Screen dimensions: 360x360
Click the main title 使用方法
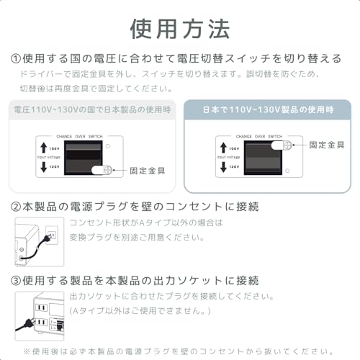click(x=179, y=28)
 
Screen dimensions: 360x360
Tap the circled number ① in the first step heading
click(x=16, y=58)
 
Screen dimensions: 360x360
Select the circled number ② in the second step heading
click(x=16, y=207)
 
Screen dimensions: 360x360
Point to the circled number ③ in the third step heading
click(x=16, y=280)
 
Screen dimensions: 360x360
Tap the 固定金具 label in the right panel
click(x=328, y=144)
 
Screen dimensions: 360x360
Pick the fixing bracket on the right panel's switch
click(x=285, y=144)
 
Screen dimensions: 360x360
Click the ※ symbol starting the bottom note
click(x=27, y=351)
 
